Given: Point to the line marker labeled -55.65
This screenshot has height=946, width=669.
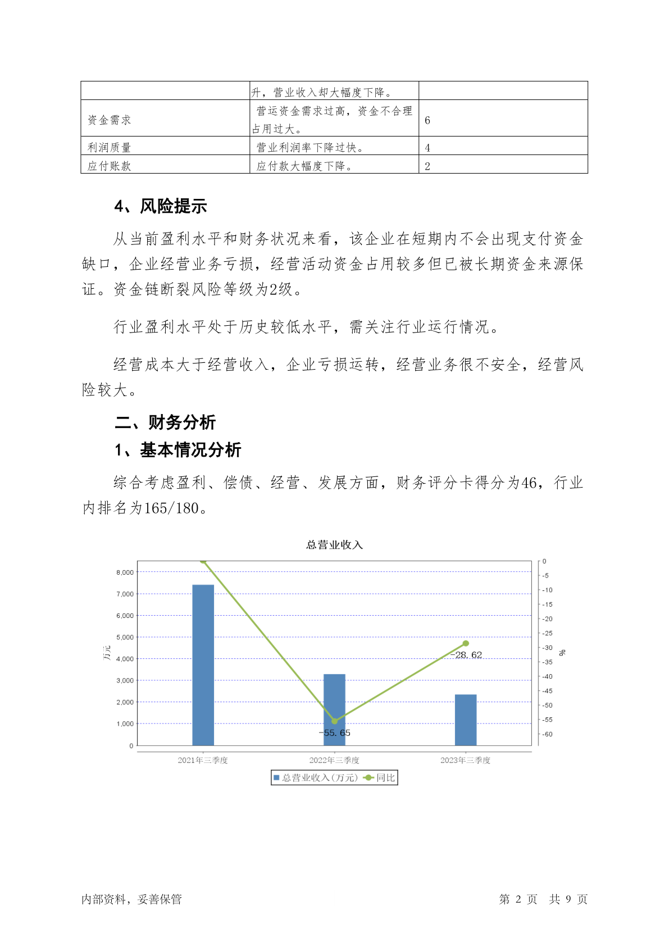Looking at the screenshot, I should (x=334, y=721).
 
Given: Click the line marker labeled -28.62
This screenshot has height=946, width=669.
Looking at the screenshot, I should (x=466, y=643).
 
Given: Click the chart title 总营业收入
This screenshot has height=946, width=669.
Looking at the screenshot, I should (x=334, y=545).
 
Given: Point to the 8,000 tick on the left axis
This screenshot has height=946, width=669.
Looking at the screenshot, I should (x=125, y=572).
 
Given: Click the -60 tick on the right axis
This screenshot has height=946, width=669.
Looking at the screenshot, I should (x=547, y=734).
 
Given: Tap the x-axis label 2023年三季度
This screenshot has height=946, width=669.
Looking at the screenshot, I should (x=465, y=760).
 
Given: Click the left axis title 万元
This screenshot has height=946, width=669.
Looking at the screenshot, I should (x=107, y=653).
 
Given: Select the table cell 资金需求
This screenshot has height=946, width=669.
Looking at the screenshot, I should (x=110, y=120).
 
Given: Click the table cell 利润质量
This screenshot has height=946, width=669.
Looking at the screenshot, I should (x=110, y=148).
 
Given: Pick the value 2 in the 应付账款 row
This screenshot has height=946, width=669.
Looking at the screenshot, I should (x=427, y=166).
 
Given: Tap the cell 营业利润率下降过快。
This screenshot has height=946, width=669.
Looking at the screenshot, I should (x=310, y=148).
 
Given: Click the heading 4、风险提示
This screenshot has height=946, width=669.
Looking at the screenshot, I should (x=161, y=207).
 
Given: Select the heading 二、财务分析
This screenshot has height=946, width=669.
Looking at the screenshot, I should (x=165, y=422).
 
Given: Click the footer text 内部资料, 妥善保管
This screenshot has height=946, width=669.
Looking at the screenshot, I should (x=131, y=899).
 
